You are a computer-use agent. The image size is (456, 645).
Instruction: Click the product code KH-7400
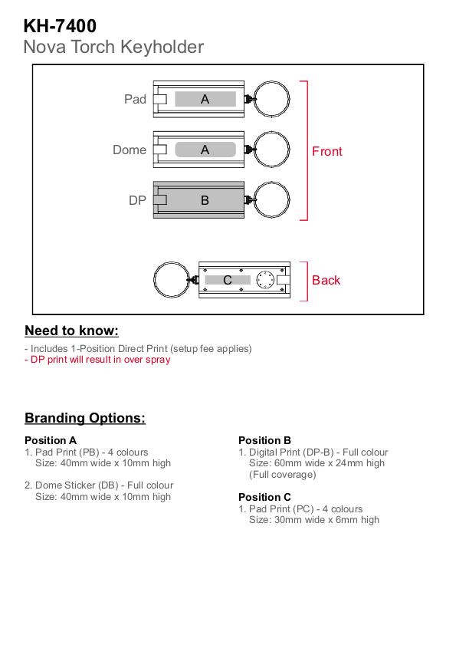[x=60, y=26]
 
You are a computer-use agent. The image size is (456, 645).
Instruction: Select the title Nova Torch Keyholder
[x=113, y=47]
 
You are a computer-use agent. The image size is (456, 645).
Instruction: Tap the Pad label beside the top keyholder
[x=136, y=99]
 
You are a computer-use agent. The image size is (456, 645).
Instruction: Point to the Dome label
[x=130, y=150]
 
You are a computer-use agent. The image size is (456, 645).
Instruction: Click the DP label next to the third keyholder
[x=137, y=200]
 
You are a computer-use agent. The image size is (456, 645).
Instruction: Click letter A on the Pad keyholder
[x=205, y=99]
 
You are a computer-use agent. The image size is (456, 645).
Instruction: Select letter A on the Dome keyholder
[x=205, y=150]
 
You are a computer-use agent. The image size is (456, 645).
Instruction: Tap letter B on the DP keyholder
[x=205, y=200]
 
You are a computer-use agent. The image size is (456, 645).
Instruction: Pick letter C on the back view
[x=228, y=280]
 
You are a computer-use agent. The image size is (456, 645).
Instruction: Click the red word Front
[x=327, y=151]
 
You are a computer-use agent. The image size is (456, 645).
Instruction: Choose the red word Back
[x=326, y=280]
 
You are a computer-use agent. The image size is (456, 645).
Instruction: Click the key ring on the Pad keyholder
[x=271, y=81]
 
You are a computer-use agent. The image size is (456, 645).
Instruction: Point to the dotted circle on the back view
[x=265, y=271]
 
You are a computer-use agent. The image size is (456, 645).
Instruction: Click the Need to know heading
[x=71, y=331]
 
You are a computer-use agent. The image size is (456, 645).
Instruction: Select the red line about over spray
[x=97, y=360]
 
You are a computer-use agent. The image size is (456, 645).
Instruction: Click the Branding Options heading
[x=85, y=418]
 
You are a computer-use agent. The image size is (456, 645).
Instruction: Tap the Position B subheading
[x=265, y=440]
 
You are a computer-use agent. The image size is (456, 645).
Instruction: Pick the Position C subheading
[x=265, y=497]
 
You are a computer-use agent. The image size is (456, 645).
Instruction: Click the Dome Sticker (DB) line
[x=99, y=485]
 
